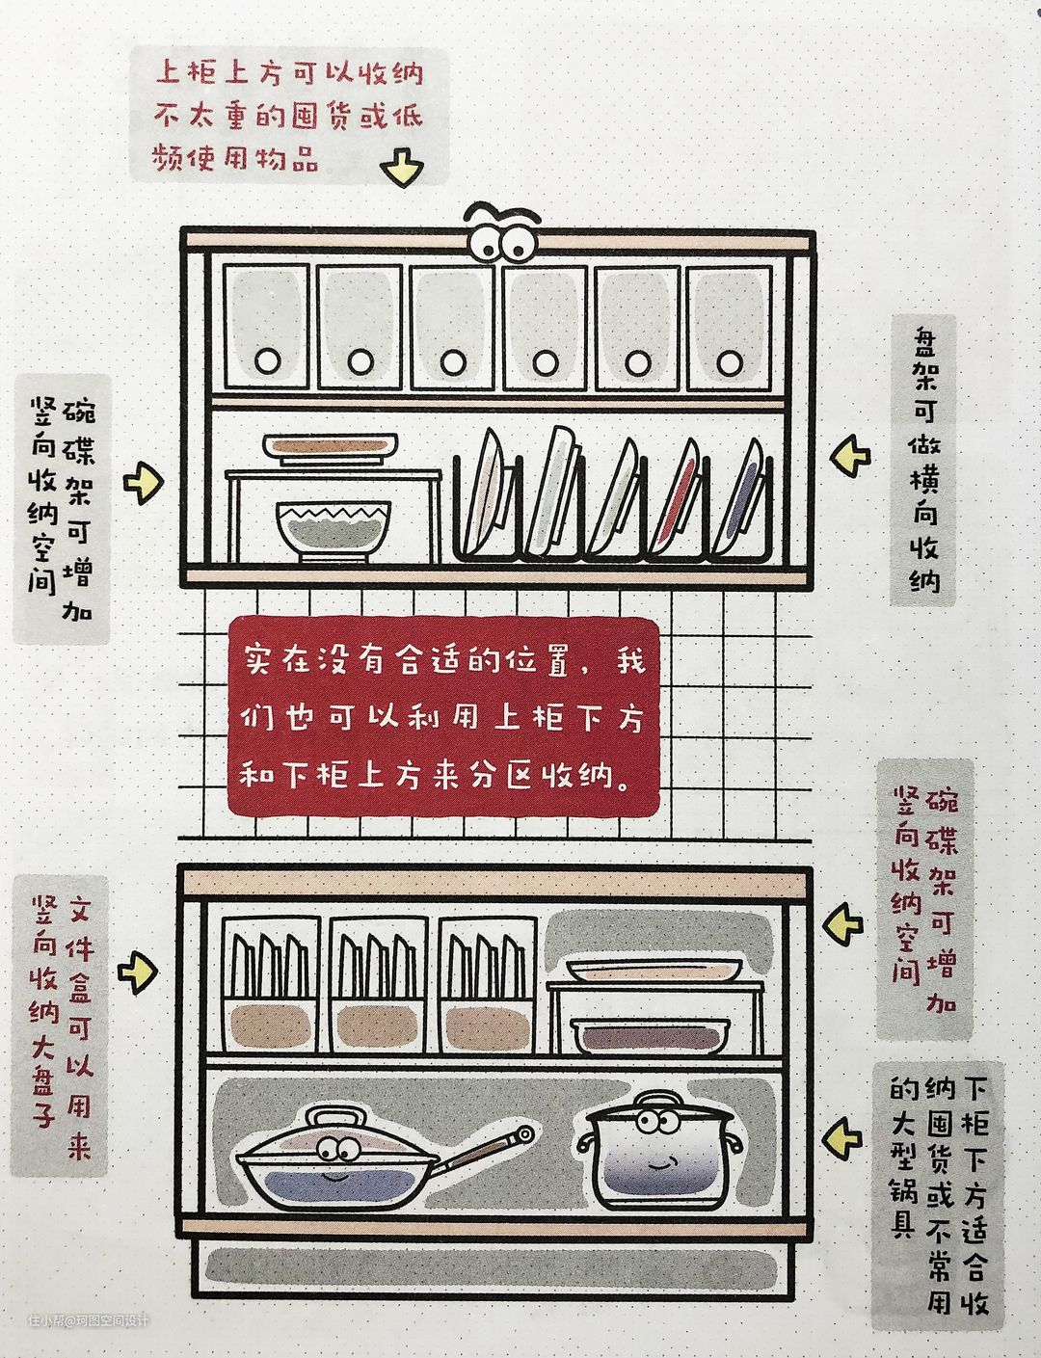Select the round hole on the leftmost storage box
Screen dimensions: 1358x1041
point(267,361)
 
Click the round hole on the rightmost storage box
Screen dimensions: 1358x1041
point(730,362)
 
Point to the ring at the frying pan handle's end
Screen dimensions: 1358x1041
point(525,1134)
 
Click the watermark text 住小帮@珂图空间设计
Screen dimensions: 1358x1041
point(88,1320)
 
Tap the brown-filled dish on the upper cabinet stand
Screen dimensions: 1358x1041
point(331,446)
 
